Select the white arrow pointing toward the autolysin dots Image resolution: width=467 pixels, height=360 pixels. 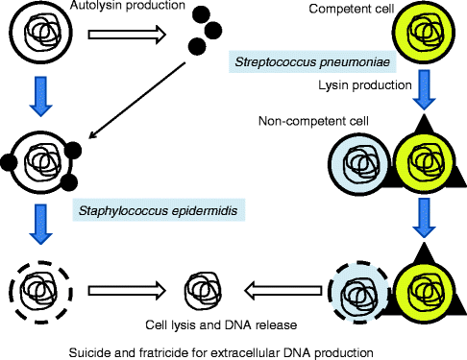(x=128, y=36)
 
